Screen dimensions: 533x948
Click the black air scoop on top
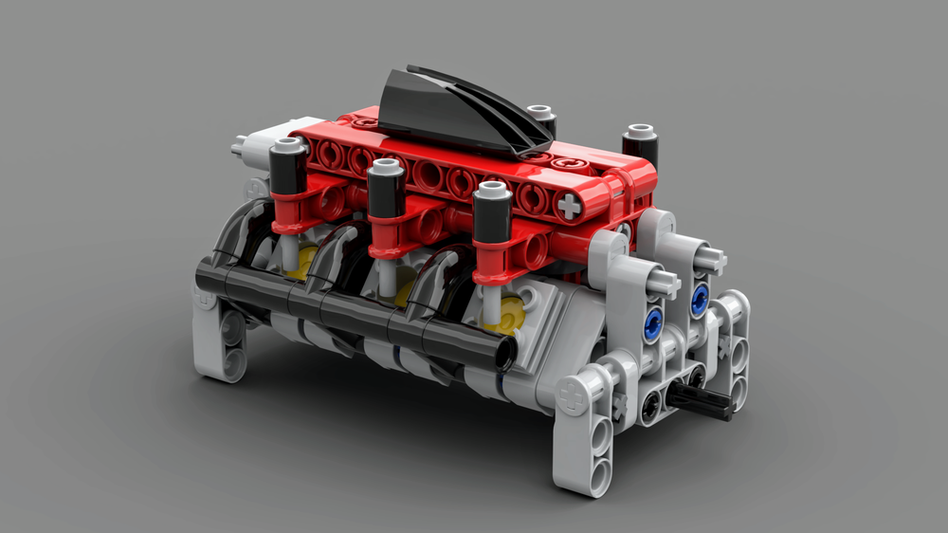[x=455, y=109]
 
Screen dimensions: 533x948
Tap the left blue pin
[x=652, y=322]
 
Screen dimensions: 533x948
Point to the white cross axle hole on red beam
[x=568, y=206]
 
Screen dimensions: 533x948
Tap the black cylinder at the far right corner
[x=641, y=144]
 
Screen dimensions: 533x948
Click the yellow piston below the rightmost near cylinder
[x=513, y=314]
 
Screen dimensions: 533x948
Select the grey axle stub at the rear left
[x=247, y=146]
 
